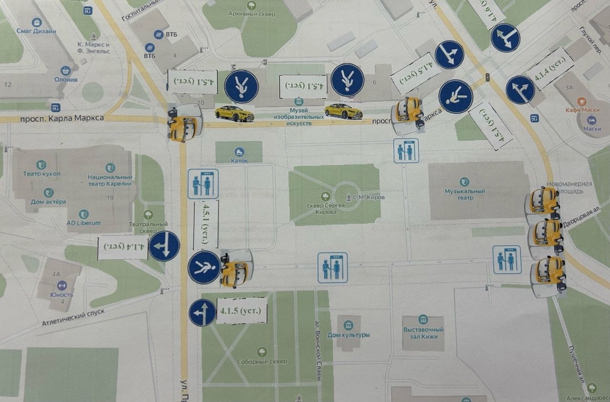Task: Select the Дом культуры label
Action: click(x=348, y=335)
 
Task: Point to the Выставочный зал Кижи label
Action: click(x=423, y=332)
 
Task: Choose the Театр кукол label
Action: click(x=42, y=174)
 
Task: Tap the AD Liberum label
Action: click(x=84, y=223)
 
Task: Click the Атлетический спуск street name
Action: click(x=72, y=317)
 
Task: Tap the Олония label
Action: click(x=66, y=79)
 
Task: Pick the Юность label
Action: click(x=61, y=295)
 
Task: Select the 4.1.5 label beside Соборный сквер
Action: click(x=241, y=311)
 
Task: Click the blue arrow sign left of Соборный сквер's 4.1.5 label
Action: click(x=203, y=313)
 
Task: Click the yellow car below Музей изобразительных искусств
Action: click(x=343, y=112)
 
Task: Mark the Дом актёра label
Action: click(x=49, y=202)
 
